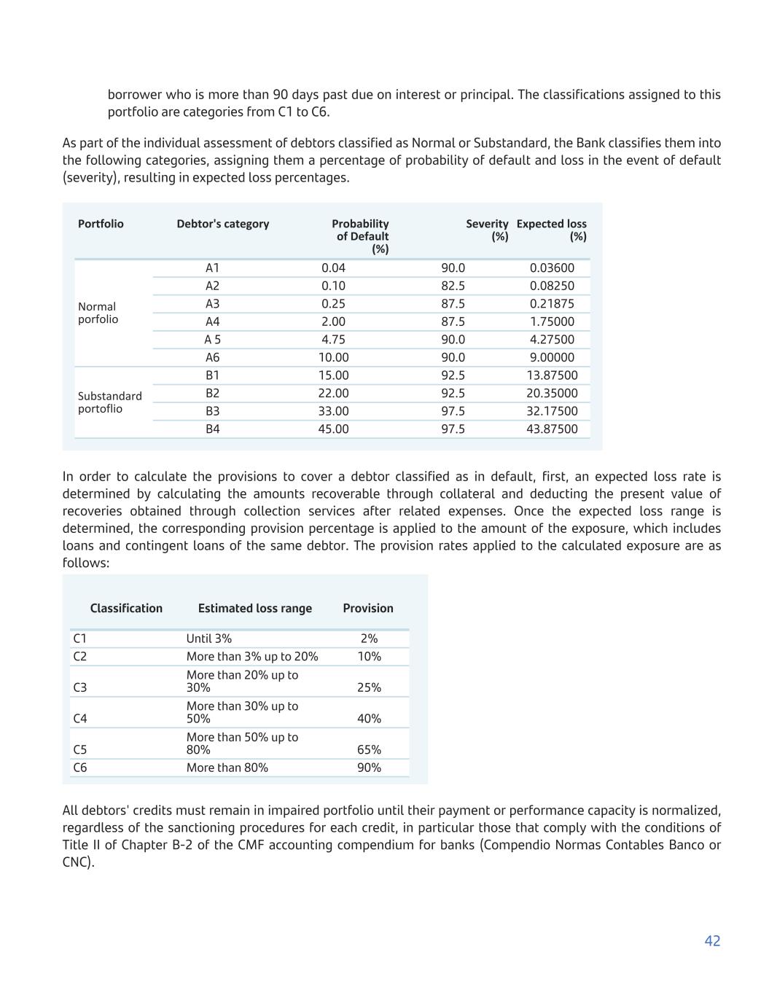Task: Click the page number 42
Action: coord(712,941)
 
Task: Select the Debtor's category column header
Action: coord(222,224)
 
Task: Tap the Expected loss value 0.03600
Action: coord(552,268)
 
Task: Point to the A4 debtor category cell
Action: coord(212,321)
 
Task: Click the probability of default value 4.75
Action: coord(333,340)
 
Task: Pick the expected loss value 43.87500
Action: coord(552,429)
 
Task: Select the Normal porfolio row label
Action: coord(98,313)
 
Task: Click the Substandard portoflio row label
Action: coord(109,402)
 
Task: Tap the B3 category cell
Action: coord(212,411)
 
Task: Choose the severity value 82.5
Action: coord(453,286)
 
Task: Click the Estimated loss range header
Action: coord(254,609)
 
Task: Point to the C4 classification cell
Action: coord(80,719)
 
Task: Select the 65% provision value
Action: coord(369,750)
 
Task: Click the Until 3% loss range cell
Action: coord(208,639)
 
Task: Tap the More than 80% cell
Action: coord(227,768)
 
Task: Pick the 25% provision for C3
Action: coord(369,687)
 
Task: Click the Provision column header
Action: coord(367,609)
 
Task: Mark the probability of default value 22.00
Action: coord(333,394)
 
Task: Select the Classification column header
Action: coord(126,609)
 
